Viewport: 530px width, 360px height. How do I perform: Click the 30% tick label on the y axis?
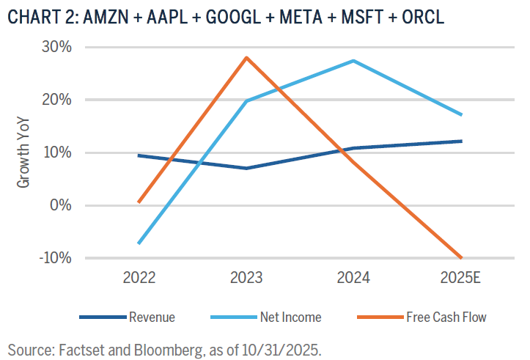56,48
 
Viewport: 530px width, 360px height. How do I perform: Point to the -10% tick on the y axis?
55,258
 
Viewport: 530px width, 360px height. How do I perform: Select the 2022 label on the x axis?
139,279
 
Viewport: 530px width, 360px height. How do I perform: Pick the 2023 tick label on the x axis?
246,279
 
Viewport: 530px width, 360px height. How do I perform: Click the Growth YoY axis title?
24,153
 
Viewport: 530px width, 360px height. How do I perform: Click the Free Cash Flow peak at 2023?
246,57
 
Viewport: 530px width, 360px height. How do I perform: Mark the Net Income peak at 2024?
353,61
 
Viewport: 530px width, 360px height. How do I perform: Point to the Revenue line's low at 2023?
246,168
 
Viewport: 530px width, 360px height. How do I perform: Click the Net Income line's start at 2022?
139,243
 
